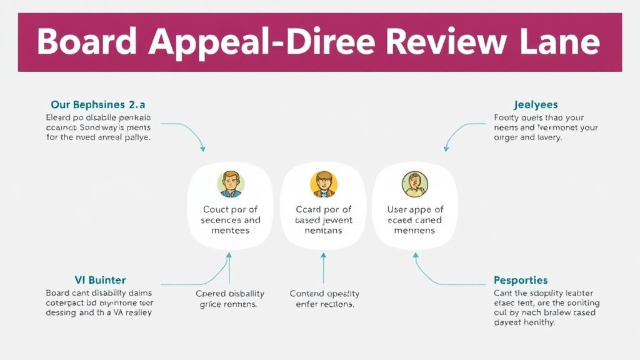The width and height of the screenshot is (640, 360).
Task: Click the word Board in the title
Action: [84, 42]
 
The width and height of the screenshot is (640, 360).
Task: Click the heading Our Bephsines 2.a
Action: [98, 104]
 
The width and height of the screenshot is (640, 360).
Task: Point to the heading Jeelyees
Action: [535, 104]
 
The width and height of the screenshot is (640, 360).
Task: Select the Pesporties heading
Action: [520, 280]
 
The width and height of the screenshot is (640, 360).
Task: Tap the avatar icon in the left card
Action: [230, 184]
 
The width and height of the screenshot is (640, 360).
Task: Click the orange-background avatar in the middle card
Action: [323, 184]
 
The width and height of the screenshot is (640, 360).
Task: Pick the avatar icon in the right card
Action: [416, 184]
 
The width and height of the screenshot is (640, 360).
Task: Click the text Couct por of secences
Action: [230, 215]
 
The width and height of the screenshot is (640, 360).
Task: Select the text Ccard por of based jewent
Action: [323, 215]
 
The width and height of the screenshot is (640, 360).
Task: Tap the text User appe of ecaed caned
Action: [416, 215]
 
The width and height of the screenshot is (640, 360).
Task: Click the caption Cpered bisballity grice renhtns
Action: [230, 299]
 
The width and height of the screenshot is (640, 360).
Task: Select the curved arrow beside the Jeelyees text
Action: [459, 132]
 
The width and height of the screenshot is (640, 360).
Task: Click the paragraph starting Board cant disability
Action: [99, 302]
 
